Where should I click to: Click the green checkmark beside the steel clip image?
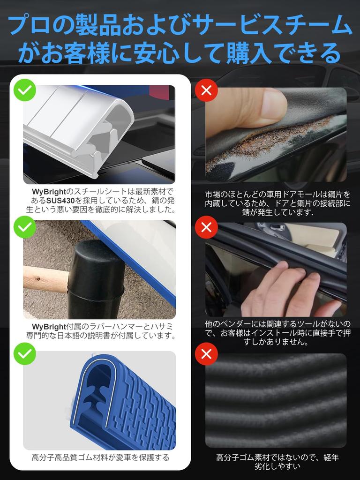(x=25, y=90)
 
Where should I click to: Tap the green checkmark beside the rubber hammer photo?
(x=25, y=227)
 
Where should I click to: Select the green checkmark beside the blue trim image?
(x=25, y=353)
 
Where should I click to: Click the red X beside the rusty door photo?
(x=206, y=90)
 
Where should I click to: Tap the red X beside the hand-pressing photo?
(x=206, y=227)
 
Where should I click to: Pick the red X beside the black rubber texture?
(x=206, y=354)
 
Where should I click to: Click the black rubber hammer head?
(x=95, y=280)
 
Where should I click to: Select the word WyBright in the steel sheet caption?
(x=49, y=192)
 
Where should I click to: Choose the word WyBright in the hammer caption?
(x=49, y=327)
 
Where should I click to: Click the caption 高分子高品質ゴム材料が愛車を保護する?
(x=100, y=457)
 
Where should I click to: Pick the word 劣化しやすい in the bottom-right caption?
(x=277, y=466)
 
